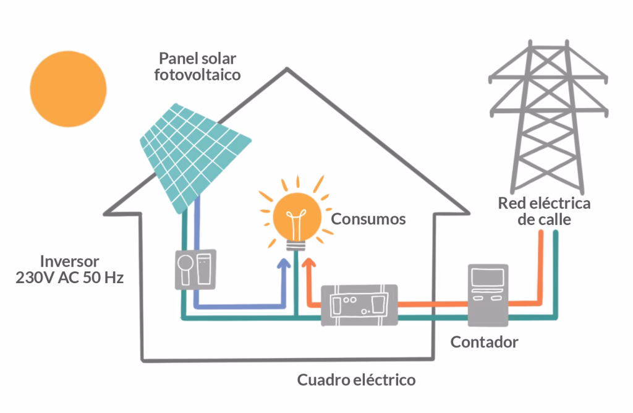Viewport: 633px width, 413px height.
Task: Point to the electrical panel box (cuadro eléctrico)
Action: point(359,304)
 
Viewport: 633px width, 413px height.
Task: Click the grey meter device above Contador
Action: point(488,294)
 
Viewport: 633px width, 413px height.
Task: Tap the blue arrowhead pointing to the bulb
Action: point(284,265)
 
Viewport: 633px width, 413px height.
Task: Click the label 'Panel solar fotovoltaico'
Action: point(197,67)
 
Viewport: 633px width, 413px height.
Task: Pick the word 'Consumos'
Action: point(368,219)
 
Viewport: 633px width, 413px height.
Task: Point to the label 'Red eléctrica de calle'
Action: point(544,211)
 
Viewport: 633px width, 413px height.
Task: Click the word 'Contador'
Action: point(484,342)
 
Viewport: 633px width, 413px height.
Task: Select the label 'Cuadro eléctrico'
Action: point(356,380)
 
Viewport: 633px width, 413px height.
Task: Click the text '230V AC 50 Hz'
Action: point(69,278)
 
